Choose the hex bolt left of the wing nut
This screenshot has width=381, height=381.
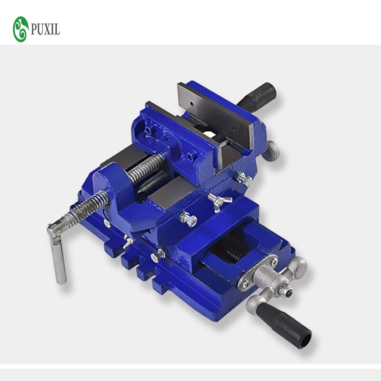[x=189, y=220]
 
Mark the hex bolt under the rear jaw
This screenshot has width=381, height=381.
[x=244, y=179]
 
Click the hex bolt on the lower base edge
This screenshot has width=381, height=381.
[x=157, y=257]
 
